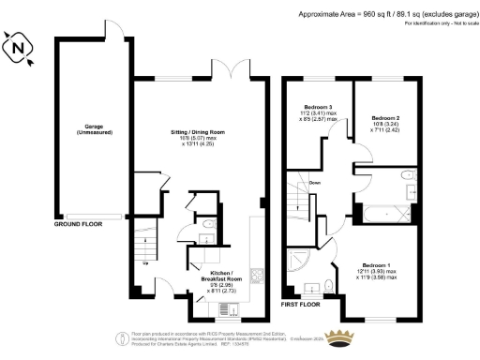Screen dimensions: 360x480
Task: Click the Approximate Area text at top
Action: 383,15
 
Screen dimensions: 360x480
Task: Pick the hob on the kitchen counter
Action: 258,277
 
